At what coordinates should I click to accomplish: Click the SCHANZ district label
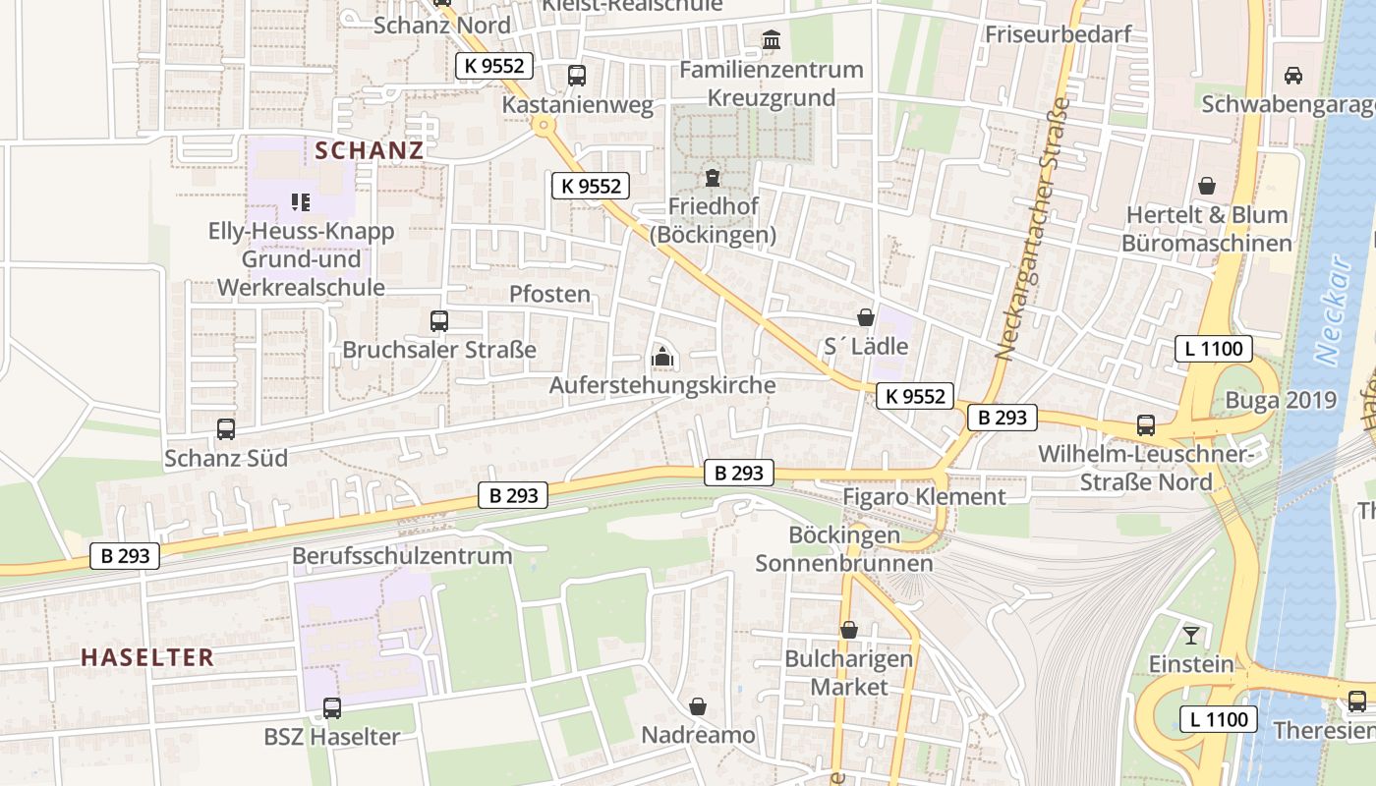pyautogui.click(x=370, y=150)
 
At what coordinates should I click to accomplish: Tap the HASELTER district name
pyautogui.click(x=147, y=657)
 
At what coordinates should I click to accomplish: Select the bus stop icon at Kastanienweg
pyautogui.click(x=577, y=76)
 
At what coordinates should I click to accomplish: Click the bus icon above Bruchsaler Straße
pyautogui.click(x=439, y=320)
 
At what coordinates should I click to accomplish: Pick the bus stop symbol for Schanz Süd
pyautogui.click(x=226, y=428)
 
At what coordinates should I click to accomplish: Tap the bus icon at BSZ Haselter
pyautogui.click(x=332, y=707)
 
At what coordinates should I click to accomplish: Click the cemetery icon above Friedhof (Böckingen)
pyautogui.click(x=712, y=178)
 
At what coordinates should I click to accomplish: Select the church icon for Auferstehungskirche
pyautogui.click(x=663, y=357)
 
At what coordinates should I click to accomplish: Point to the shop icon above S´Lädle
pyautogui.click(x=866, y=317)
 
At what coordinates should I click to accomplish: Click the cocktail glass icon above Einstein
pyautogui.click(x=1191, y=635)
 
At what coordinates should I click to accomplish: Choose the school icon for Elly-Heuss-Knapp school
pyautogui.click(x=301, y=202)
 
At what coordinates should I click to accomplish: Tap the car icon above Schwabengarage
pyautogui.click(x=1292, y=76)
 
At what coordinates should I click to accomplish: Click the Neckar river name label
pyautogui.click(x=1334, y=309)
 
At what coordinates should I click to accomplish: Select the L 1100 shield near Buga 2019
pyautogui.click(x=1215, y=348)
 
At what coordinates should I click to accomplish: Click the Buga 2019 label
pyautogui.click(x=1281, y=400)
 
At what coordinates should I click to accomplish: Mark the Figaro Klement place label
pyautogui.click(x=924, y=497)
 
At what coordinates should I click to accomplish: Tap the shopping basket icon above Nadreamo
pyautogui.click(x=698, y=706)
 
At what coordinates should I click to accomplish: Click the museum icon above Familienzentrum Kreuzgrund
pyautogui.click(x=772, y=41)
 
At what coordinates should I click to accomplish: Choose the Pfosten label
pyautogui.click(x=549, y=294)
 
